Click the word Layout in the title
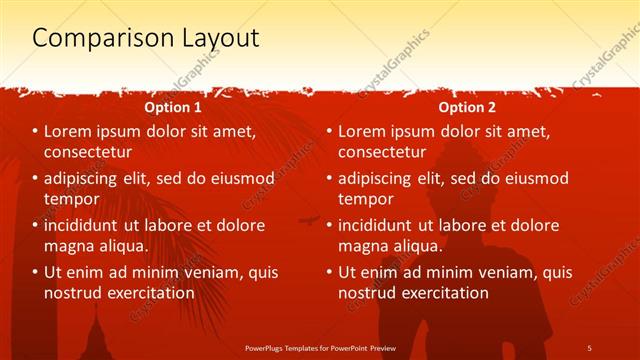pyautogui.click(x=215, y=39)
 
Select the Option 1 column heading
pyautogui.click(x=173, y=106)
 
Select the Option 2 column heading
pyautogui.click(x=466, y=106)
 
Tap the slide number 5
pyautogui.click(x=590, y=346)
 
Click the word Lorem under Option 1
pyautogui.click(x=70, y=131)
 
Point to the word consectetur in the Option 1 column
pyautogui.click(x=89, y=152)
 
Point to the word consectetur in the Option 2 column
pyautogui.click(x=382, y=152)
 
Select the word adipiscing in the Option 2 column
pyautogui.click(x=383, y=178)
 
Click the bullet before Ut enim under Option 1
pyautogui.click(x=35, y=272)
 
